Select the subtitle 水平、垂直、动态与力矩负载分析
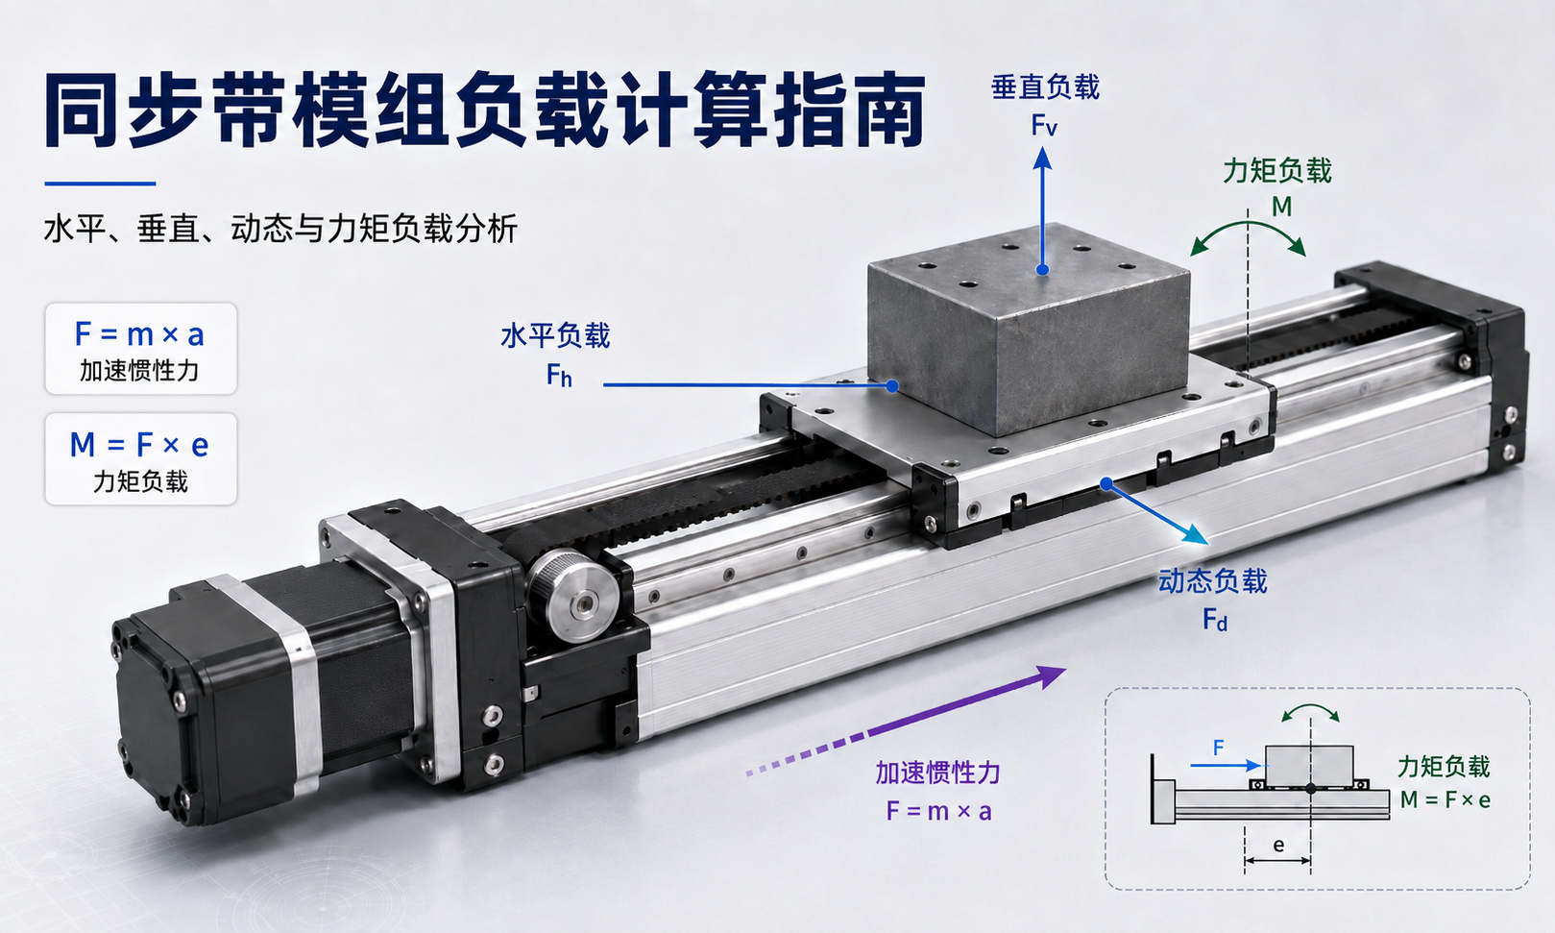280,229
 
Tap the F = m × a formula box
141,349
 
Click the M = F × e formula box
141,458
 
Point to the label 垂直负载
1045,87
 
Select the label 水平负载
555,335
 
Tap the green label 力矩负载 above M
1277,171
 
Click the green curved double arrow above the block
1249,225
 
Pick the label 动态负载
1213,580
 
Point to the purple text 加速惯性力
937,773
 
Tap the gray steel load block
1029,330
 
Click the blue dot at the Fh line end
892,385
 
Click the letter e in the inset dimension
1278,845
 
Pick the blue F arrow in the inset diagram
1226,766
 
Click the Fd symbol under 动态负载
1215,619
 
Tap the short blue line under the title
100,184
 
